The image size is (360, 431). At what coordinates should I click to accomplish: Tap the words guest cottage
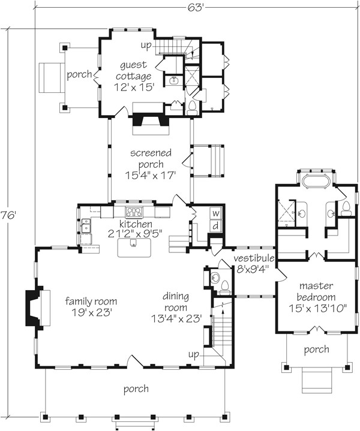pos(135,71)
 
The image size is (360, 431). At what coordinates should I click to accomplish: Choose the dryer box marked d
pos(215,226)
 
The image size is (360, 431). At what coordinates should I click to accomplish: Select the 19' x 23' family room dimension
pos(91,312)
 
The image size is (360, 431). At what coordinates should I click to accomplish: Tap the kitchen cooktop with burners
pos(134,211)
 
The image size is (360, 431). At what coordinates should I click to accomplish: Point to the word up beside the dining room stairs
pos(193,355)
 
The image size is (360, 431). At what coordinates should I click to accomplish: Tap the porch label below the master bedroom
pos(316,349)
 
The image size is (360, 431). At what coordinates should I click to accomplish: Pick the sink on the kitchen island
pos(133,244)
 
